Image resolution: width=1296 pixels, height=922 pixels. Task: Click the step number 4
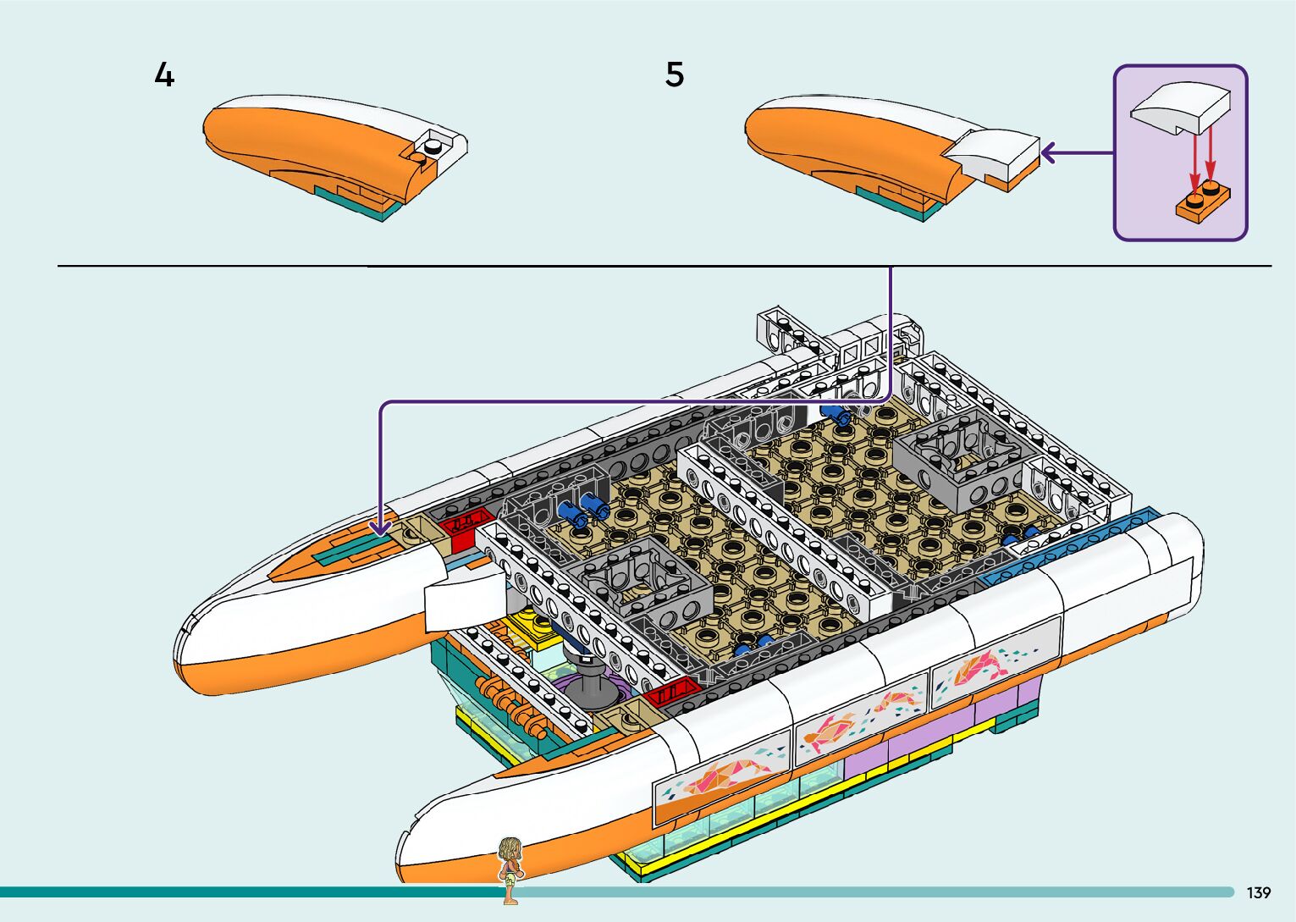click(164, 75)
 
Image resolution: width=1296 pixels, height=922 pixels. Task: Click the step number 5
click(674, 75)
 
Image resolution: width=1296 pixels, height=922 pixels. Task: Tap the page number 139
click(1258, 892)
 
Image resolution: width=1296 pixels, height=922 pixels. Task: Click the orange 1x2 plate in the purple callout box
click(1202, 203)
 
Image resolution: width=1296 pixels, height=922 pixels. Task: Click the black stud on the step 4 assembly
click(433, 146)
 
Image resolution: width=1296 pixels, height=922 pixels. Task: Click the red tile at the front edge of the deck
click(670, 695)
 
